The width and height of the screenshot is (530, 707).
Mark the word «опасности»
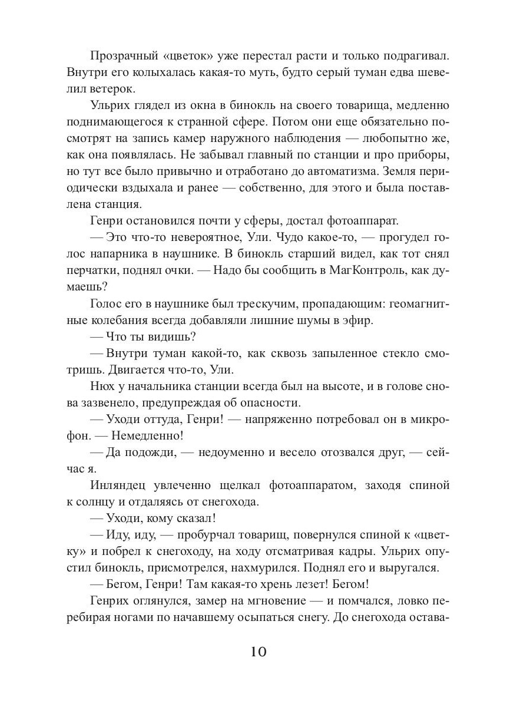[263, 403]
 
